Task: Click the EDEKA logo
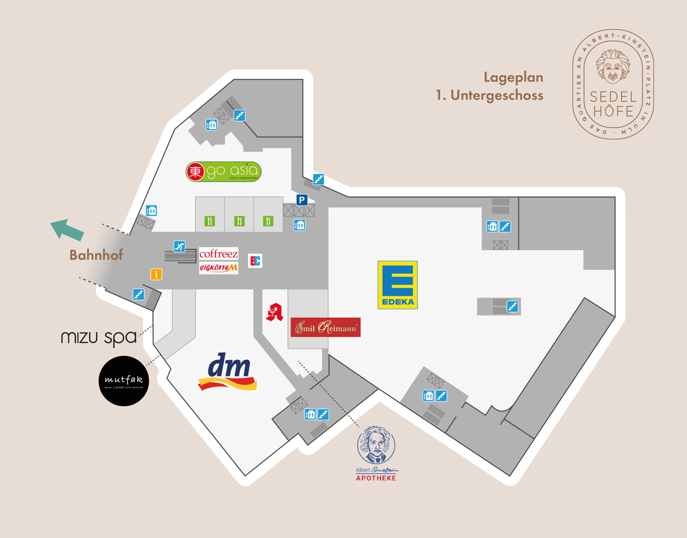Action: click(x=398, y=285)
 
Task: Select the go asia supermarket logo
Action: click(x=223, y=172)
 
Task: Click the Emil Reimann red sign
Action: click(x=325, y=328)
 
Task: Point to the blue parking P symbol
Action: click(x=302, y=200)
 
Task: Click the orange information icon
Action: click(x=156, y=274)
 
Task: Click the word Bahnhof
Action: click(x=97, y=255)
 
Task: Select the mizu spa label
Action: click(x=98, y=338)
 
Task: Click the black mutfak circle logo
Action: click(x=124, y=381)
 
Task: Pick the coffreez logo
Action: click(x=218, y=254)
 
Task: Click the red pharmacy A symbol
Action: click(x=274, y=312)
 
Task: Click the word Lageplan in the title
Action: click(x=513, y=77)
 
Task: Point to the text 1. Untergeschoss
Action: click(x=490, y=95)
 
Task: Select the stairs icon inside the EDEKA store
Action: click(x=512, y=306)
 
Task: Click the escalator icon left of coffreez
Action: click(x=180, y=246)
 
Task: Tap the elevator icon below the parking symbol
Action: click(x=299, y=225)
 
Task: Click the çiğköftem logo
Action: click(x=218, y=268)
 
